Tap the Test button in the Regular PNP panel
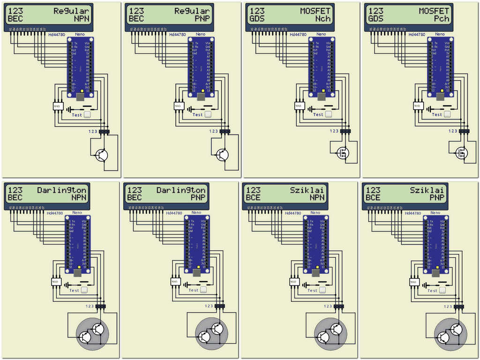(208, 114)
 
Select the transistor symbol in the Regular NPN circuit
(102, 155)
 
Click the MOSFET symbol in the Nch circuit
(344, 152)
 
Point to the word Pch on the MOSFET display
(441, 19)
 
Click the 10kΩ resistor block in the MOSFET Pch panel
(418, 106)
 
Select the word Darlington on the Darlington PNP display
(181, 190)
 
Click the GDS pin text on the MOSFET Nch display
(257, 19)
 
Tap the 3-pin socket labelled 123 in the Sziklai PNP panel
(459, 307)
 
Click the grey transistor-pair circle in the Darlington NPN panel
(92, 333)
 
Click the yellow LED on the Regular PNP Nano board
(202, 91)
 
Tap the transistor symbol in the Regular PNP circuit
(223, 155)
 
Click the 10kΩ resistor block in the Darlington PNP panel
(175, 282)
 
